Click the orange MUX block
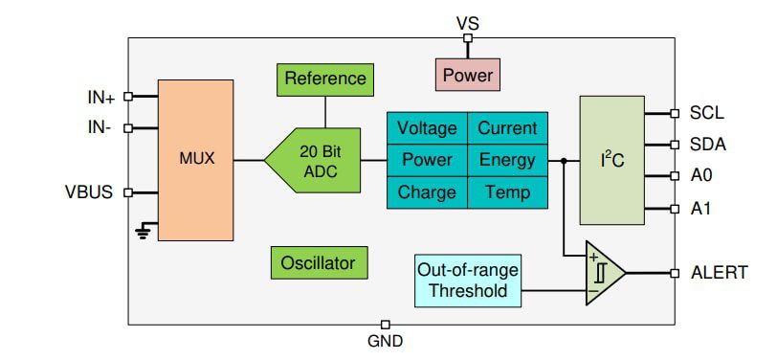point(195,159)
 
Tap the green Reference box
point(324,79)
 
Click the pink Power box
point(467,74)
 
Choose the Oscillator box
point(318,262)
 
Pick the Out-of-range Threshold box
point(468,280)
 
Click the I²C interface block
point(611,159)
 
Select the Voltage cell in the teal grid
point(427,128)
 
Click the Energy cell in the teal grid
point(507,160)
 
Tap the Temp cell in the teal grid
point(507,191)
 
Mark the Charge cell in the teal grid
point(427,191)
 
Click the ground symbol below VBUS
point(143,233)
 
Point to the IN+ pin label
point(100,97)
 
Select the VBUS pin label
point(89,191)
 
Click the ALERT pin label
point(719,273)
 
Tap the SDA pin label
point(707,145)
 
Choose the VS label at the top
point(467,20)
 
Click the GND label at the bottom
point(386,341)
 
